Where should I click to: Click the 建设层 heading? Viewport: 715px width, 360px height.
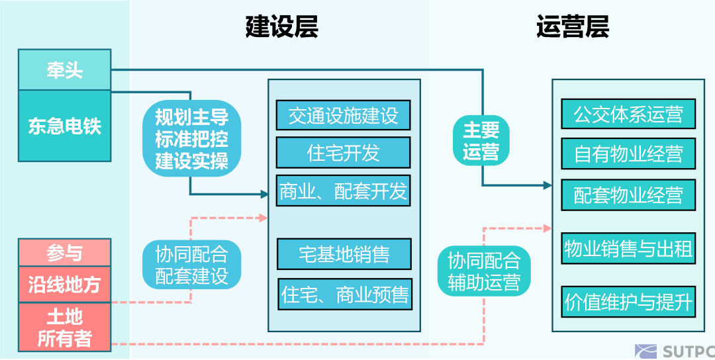pyautogui.click(x=281, y=27)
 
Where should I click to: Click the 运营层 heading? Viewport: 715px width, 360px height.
pyautogui.click(x=572, y=27)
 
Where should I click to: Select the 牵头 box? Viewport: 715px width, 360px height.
pyautogui.click(x=64, y=70)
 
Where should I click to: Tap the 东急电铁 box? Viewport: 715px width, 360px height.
pyautogui.click(x=64, y=126)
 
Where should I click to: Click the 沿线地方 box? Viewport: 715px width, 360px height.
pyautogui.click(x=64, y=285)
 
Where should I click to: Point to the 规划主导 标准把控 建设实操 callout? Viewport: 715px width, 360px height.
pyautogui.click(x=191, y=140)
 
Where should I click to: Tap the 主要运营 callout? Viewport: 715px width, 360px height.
pyautogui.click(x=481, y=140)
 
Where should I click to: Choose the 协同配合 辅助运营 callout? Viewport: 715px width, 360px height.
pyautogui.click(x=484, y=271)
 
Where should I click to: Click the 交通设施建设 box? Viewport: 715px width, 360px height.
pyautogui.click(x=343, y=116)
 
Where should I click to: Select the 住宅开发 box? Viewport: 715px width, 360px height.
pyautogui.click(x=343, y=154)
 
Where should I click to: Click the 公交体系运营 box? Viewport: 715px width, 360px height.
pyautogui.click(x=628, y=114)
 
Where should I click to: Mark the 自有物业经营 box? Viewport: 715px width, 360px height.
pyautogui.click(x=628, y=154)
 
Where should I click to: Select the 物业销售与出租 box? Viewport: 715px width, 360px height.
pyautogui.click(x=628, y=249)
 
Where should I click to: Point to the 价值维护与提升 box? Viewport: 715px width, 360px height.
pyautogui.click(x=628, y=302)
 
